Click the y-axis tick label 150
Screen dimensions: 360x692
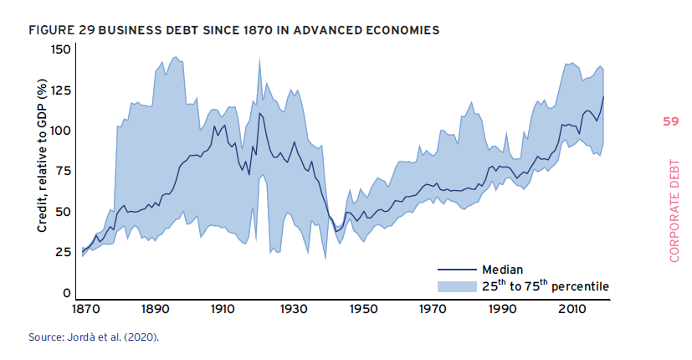tap(61, 49)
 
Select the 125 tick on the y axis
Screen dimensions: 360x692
tap(61, 90)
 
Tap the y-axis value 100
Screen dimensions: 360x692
tap(61, 131)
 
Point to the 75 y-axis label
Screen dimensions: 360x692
tap(64, 171)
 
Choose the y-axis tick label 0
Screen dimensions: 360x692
tap(68, 293)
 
